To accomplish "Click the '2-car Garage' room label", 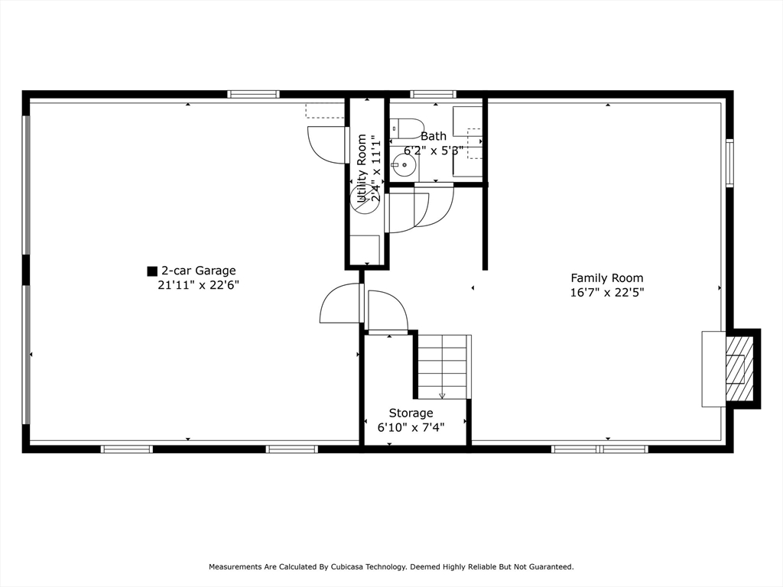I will click(x=198, y=271).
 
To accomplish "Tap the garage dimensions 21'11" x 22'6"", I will click(x=198, y=285).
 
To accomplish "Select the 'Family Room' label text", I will click(x=607, y=278).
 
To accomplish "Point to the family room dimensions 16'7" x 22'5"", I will click(x=607, y=292).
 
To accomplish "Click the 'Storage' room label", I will click(x=411, y=413).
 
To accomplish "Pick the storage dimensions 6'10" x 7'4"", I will click(x=411, y=427).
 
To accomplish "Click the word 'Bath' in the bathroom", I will click(x=434, y=136).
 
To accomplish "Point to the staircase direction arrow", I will click(x=442, y=395).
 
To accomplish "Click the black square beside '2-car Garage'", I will click(x=152, y=271).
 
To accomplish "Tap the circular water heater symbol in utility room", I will click(x=364, y=199).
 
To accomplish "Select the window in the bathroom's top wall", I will click(x=433, y=95).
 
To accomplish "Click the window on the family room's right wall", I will click(x=729, y=163).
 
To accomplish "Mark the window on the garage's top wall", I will click(x=253, y=95).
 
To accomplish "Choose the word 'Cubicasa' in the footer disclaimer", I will click(x=353, y=567).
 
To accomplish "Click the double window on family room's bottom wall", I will click(x=599, y=449).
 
